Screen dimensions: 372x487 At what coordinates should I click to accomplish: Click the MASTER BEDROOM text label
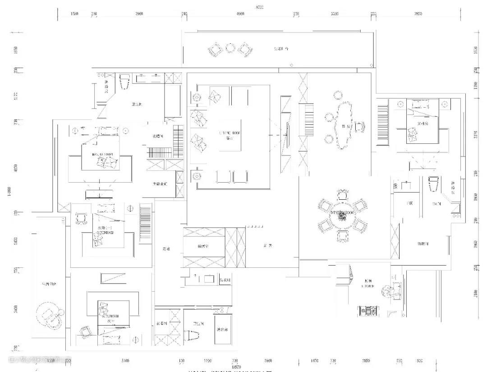[x=103, y=154]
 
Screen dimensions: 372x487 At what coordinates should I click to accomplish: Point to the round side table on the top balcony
[x=230, y=48]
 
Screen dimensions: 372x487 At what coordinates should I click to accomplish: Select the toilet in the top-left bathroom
[x=124, y=81]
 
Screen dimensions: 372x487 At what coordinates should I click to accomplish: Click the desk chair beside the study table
[x=359, y=127]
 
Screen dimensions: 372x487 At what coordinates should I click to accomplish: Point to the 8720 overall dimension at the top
[x=259, y=7]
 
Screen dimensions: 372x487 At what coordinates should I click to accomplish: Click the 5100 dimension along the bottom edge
[x=125, y=361]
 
